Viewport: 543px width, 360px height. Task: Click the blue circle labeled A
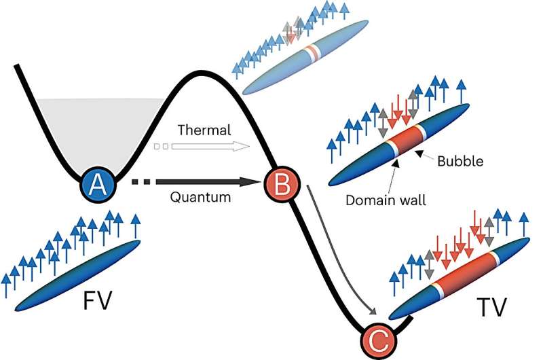point(98,183)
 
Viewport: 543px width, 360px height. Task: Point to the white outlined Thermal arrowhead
point(241,145)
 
